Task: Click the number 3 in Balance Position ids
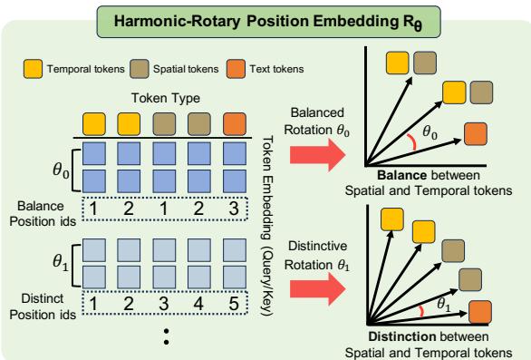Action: tap(234, 210)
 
